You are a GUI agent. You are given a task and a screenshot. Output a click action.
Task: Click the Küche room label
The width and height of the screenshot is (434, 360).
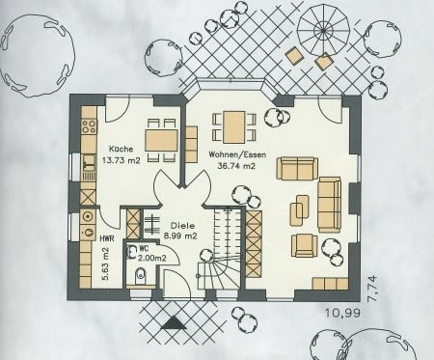[x=121, y=150]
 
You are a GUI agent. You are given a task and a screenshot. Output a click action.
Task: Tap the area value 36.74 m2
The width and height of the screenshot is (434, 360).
[x=236, y=166]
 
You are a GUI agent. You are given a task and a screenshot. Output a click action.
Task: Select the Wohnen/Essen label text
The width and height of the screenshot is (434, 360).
[x=237, y=154]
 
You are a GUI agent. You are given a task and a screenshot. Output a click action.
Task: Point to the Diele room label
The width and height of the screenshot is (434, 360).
[x=183, y=226]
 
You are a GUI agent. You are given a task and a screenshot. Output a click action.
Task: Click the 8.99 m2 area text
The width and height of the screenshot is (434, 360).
[x=180, y=236]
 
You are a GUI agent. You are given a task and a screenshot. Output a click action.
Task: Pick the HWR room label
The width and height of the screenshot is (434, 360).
[x=106, y=238]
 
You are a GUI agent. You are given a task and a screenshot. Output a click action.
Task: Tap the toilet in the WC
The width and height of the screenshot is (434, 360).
[x=140, y=276]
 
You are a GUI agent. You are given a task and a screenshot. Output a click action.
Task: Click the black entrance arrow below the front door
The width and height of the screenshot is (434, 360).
[x=175, y=322]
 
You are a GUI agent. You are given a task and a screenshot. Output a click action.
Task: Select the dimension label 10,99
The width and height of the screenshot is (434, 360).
[x=342, y=313]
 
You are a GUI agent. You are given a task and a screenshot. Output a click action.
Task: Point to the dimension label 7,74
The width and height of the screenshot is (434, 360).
[x=372, y=289]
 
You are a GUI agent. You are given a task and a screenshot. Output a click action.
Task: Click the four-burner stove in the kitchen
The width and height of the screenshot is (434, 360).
[x=89, y=126]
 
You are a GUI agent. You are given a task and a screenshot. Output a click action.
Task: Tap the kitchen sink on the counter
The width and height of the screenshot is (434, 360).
[x=89, y=162]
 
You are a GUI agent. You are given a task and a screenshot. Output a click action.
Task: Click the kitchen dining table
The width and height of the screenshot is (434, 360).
[x=161, y=140]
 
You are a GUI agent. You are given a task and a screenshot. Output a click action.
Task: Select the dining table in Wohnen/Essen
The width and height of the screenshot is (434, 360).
[x=234, y=127]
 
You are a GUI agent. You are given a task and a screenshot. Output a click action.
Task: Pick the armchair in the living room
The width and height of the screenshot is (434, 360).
[x=304, y=245]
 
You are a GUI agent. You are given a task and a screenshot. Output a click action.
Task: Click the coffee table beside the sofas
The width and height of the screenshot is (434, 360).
[x=300, y=210]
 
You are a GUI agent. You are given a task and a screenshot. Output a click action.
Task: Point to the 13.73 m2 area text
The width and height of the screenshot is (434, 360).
[x=122, y=160]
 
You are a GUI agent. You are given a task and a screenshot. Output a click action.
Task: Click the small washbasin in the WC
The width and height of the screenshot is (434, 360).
[x=131, y=252]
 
